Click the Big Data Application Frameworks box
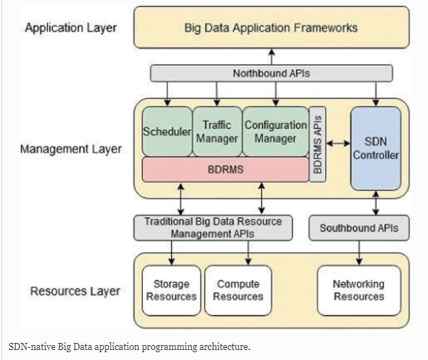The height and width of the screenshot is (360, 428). (x=271, y=28)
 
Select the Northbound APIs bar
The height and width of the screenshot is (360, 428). (x=271, y=73)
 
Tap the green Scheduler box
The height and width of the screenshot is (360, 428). (x=167, y=132)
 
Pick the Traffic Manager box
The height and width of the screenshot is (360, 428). (x=217, y=132)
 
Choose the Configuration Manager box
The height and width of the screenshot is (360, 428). (x=275, y=132)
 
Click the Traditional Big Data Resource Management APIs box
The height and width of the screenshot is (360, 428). (x=213, y=227)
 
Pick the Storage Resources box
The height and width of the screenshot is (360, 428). (x=171, y=290)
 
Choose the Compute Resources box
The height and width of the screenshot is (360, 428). (x=238, y=290)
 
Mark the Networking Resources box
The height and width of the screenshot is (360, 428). (x=359, y=290)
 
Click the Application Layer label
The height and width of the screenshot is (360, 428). (x=71, y=28)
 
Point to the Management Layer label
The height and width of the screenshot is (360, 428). (x=71, y=149)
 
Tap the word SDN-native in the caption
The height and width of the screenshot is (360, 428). (x=33, y=346)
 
